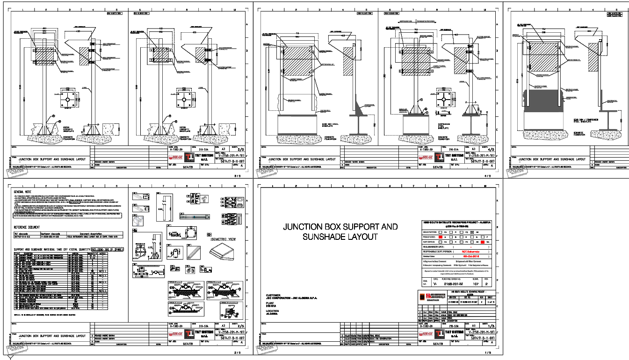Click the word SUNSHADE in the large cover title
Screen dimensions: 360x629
coord(303,237)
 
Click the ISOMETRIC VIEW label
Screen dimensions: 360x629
coord(223,239)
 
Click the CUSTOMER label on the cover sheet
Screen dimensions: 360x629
coord(273,295)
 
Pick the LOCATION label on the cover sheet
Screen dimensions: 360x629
coord(272,310)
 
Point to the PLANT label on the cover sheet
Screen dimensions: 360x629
coord(270,303)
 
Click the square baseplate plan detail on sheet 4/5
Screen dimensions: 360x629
coord(442,99)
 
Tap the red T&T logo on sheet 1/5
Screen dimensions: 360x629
coord(440,334)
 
